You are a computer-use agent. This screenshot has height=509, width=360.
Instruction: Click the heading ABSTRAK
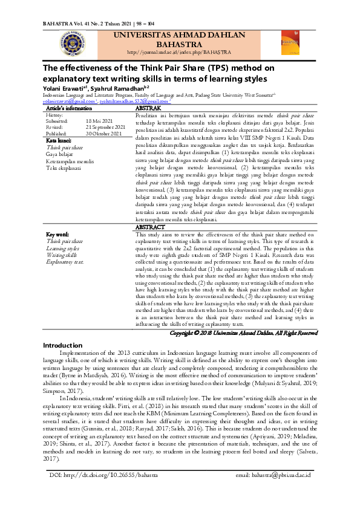148,108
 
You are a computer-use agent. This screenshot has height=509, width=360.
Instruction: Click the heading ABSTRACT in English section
150,227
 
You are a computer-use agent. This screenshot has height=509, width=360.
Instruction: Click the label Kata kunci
59,140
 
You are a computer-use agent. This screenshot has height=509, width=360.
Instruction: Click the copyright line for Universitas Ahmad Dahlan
243,332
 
